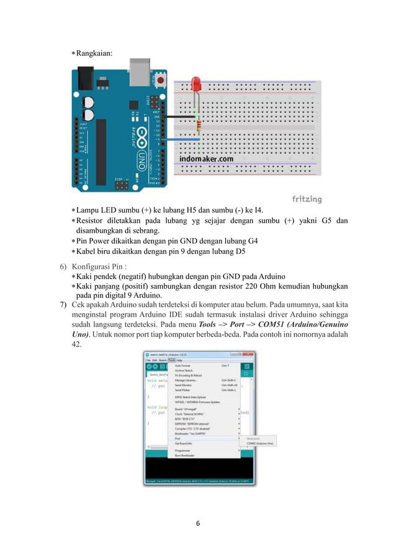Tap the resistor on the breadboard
198,126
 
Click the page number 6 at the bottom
198,524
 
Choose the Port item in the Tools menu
179,438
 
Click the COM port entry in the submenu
261,444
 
